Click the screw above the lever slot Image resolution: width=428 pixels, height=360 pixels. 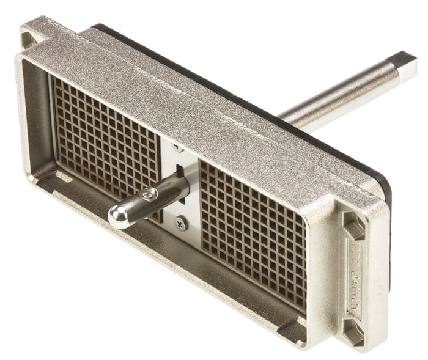point(177,147)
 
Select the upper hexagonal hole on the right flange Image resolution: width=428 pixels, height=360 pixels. point(354,226)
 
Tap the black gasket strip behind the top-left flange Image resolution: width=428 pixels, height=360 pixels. point(98,28)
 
